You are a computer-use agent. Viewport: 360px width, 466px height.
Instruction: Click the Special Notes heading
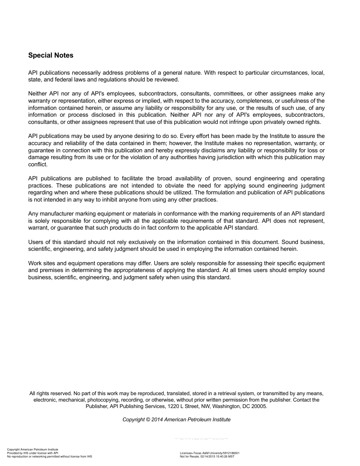coord(51,55)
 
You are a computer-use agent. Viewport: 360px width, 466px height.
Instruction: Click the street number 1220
coord(173,406)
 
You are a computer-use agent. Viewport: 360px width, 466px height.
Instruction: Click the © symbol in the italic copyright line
coord(148,419)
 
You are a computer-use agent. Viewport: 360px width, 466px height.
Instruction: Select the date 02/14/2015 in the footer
coord(208,457)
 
